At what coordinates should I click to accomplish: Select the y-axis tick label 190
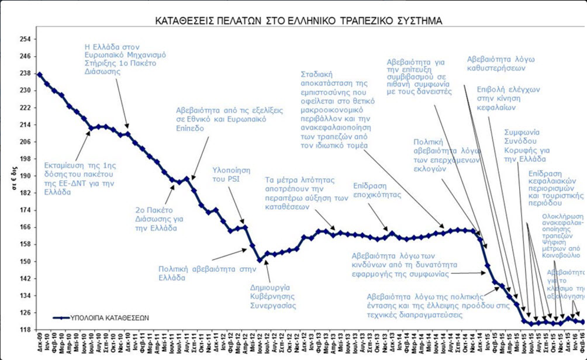click(x=25, y=176)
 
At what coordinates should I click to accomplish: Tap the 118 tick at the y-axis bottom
click(x=25, y=330)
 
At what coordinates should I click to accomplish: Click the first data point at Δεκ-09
click(x=39, y=74)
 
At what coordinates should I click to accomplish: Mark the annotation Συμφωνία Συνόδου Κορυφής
click(x=525, y=146)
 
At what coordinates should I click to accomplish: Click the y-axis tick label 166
click(x=25, y=227)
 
